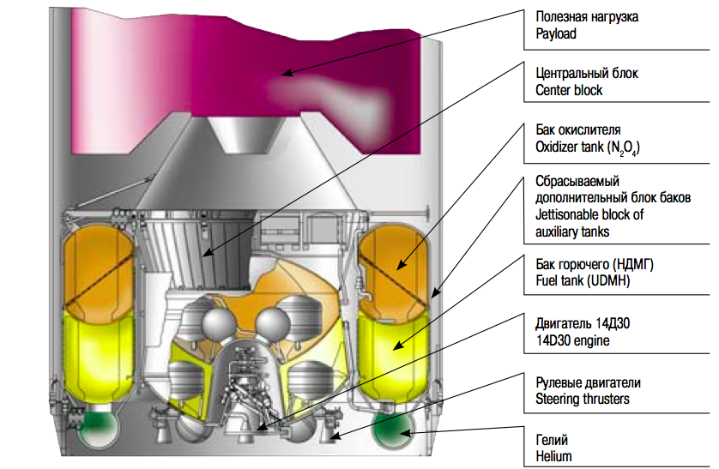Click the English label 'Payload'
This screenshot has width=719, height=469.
pyautogui.click(x=555, y=34)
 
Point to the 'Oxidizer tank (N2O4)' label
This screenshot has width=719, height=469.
pyautogui.click(x=588, y=147)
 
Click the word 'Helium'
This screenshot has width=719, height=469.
pyautogui.click(x=553, y=456)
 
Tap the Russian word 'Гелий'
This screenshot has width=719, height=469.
pyautogui.click(x=552, y=440)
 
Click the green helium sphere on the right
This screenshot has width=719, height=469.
pyautogui.click(x=396, y=431)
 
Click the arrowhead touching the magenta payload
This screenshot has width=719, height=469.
pyautogui.click(x=288, y=75)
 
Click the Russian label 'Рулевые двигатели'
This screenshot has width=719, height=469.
pyautogui.click(x=588, y=382)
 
